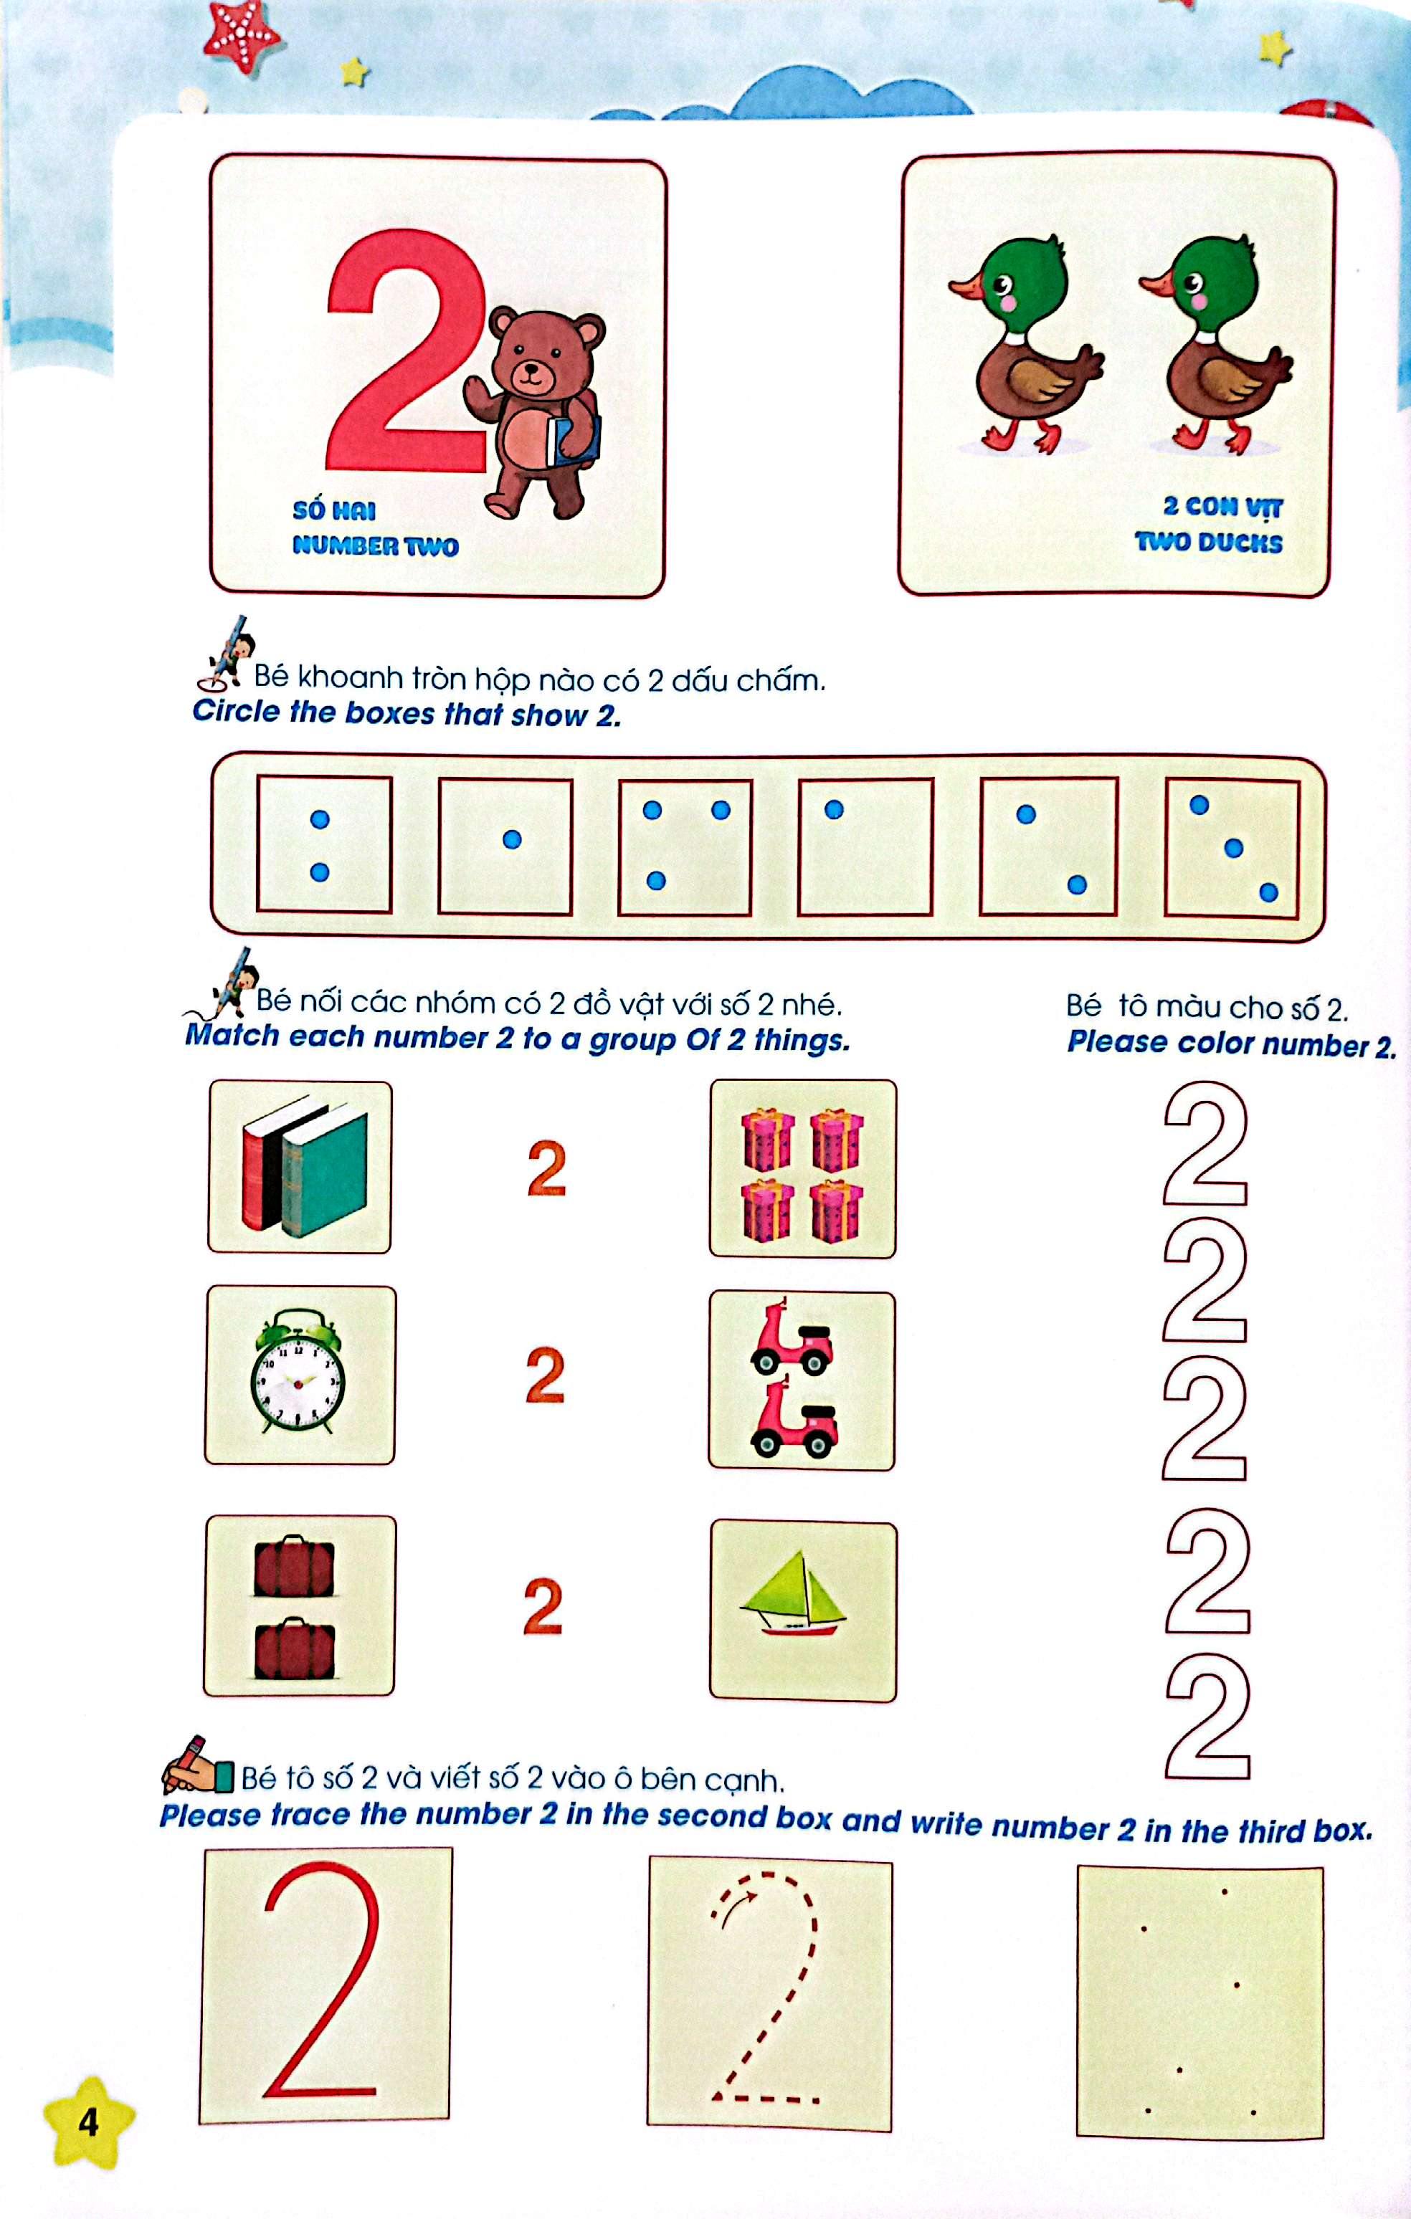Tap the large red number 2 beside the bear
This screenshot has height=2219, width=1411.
[406, 350]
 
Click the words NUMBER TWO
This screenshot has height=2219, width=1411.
[375, 545]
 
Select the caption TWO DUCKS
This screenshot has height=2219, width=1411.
[1207, 542]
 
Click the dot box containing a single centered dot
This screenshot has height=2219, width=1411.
[505, 846]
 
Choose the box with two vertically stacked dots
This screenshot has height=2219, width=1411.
[323, 844]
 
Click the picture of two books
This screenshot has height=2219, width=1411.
[300, 1167]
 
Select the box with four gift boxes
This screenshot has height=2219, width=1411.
[802, 1168]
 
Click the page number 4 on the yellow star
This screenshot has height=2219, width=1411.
[88, 2122]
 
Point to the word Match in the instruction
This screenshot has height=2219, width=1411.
[232, 1036]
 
